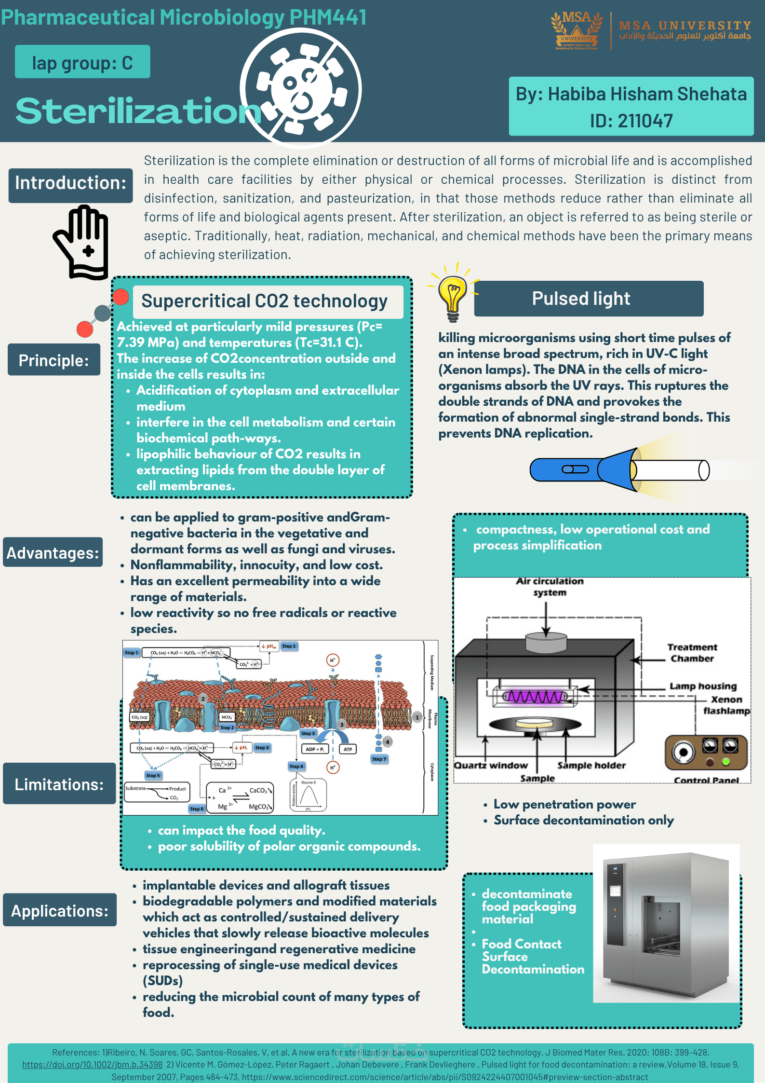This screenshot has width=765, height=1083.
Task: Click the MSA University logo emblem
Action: (577, 30)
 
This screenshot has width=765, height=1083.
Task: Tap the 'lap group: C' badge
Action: (82, 62)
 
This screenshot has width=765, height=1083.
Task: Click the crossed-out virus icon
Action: (301, 88)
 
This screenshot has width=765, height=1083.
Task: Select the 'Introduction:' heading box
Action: (70, 184)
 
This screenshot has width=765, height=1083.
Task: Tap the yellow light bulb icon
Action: (452, 295)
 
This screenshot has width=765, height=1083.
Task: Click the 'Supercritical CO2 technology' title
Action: (265, 302)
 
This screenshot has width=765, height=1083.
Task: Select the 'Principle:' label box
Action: (54, 360)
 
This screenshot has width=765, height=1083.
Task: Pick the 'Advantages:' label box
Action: (53, 552)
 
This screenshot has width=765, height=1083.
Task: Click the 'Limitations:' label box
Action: (59, 784)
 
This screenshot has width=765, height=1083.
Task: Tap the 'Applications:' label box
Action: (60, 910)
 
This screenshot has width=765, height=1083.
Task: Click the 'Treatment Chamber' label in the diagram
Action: (692, 653)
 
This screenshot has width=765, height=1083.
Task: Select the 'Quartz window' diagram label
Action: (491, 765)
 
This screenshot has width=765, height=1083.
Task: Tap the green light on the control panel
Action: (725, 762)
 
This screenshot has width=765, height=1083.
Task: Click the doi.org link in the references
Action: (92, 1064)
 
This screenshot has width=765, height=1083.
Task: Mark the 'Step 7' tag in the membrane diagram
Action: (379, 759)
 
